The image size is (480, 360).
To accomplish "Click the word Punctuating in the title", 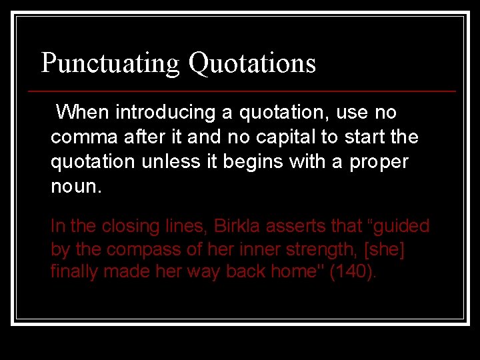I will pos(110,63).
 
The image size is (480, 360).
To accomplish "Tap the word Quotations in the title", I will pos(252,63).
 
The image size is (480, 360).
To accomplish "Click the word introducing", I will pos(167,112).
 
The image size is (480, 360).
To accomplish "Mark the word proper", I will pos(379,162).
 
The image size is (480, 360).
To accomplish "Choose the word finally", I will pos(75,272).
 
